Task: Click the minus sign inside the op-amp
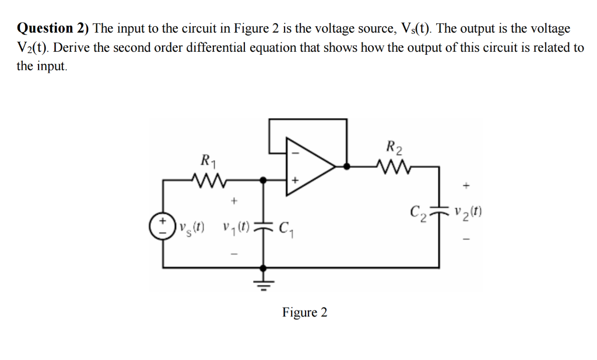[294, 154]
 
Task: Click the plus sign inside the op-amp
[294, 181]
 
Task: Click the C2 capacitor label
[418, 211]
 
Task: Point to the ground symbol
[264, 283]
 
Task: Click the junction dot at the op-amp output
[346, 167]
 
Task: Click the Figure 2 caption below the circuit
[304, 313]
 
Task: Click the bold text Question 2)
[53, 28]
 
